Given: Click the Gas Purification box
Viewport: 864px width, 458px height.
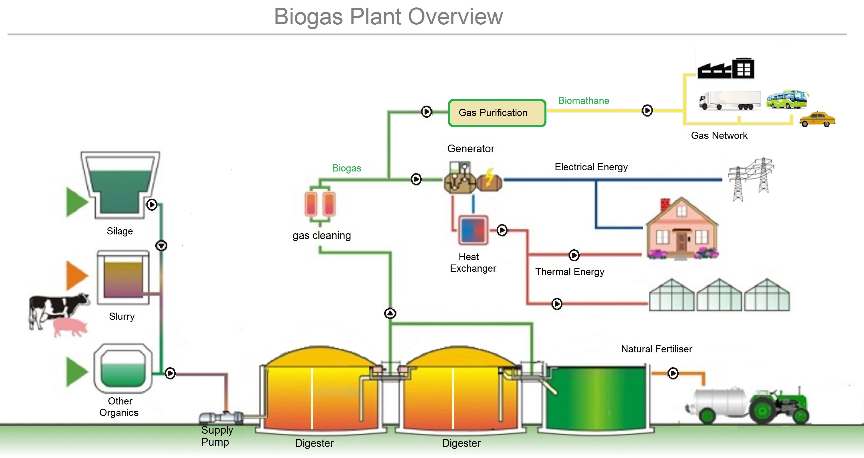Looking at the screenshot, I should coord(497,113).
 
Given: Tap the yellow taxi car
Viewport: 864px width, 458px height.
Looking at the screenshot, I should coord(817,119).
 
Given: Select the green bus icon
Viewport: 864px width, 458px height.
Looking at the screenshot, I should coord(786,99).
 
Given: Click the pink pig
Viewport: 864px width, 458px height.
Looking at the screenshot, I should coord(70,327).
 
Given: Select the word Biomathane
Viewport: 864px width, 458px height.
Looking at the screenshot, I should coord(583,101).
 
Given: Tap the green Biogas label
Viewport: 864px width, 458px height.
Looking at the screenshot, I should coord(346,168).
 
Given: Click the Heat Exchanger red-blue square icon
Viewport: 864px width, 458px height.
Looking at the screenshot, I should coord(473,230).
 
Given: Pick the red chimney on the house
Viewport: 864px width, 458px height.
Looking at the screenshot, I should coord(665,204).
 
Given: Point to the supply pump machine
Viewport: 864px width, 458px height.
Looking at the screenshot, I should coord(221,417).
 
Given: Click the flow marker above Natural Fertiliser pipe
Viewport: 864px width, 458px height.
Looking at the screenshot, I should coord(673,373).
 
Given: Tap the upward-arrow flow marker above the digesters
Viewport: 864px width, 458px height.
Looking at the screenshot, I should coord(390,313).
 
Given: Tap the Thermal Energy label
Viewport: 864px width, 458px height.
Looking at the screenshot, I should coord(570,272).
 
